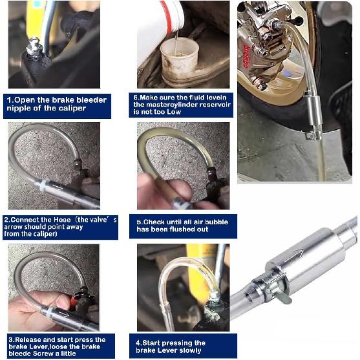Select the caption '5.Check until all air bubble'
tap(182, 226)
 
